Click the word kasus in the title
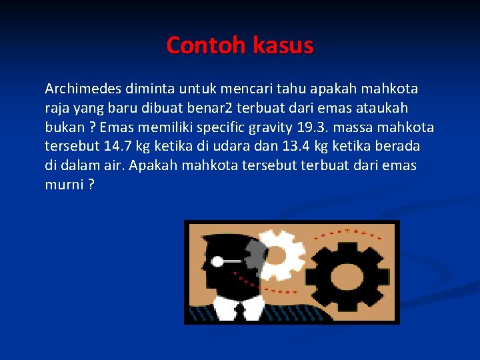(283, 45)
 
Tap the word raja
(57, 108)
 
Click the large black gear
(347, 275)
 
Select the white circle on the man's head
(217, 261)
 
